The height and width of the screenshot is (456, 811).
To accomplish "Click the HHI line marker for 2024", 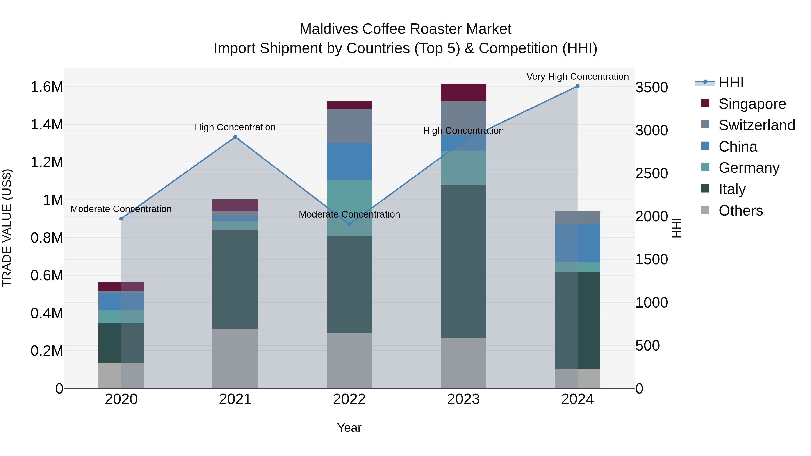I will (577, 86).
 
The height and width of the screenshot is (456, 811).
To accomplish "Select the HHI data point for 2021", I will (235, 137).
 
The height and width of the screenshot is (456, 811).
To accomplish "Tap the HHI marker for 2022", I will (349, 224).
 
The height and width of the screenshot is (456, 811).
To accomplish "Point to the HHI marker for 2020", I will (121, 219).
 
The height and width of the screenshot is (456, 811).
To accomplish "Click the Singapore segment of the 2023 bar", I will (463, 92).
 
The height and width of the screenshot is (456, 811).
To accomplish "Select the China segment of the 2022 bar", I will (349, 161).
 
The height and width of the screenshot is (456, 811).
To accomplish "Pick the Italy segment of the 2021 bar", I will (235, 279).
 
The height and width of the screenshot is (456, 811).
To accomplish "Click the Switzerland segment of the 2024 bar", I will (577, 218).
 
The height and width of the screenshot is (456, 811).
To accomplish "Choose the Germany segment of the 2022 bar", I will (349, 208).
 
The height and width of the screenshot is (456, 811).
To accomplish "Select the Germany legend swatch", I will (705, 167).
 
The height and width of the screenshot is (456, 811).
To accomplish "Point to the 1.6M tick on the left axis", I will (47, 87).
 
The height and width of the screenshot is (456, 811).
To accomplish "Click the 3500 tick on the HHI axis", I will (651, 88).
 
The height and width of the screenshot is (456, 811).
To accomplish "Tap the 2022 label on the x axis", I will (349, 399).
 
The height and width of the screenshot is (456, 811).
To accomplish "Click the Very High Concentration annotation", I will (577, 77).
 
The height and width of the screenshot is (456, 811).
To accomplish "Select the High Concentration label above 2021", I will (235, 127).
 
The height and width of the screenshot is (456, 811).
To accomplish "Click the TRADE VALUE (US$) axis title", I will (7, 228).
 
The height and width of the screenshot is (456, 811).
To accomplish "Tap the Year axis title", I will (349, 428).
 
